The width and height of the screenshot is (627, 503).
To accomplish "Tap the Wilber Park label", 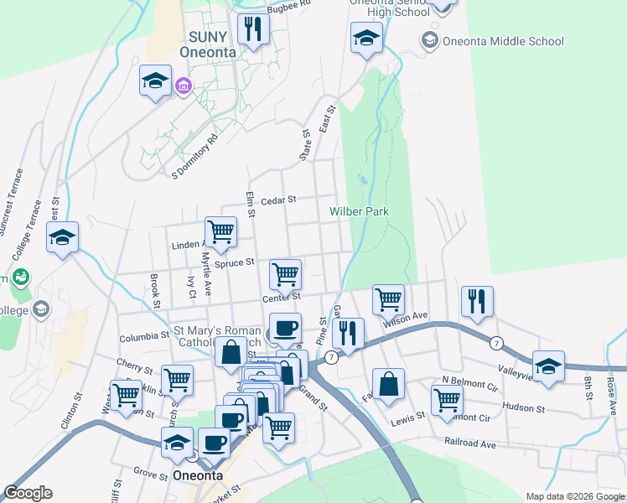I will [x=360, y=211].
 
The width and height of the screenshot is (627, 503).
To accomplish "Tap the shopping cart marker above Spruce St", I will [x=220, y=231].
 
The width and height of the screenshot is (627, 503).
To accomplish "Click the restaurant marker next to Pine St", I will [x=347, y=333].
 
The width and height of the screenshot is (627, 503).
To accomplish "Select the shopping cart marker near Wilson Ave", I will [x=388, y=298].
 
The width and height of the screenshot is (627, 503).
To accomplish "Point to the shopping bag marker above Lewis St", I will [x=389, y=384].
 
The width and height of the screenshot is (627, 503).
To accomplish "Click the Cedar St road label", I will [x=279, y=200].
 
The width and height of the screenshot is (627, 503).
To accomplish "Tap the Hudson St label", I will [x=523, y=408].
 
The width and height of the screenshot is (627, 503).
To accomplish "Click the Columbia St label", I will [x=143, y=336].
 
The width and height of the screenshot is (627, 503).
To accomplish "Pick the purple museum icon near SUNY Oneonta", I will [x=183, y=86].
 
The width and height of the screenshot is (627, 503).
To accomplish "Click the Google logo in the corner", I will [x=28, y=493].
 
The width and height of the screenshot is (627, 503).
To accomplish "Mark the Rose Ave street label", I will [x=611, y=386].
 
